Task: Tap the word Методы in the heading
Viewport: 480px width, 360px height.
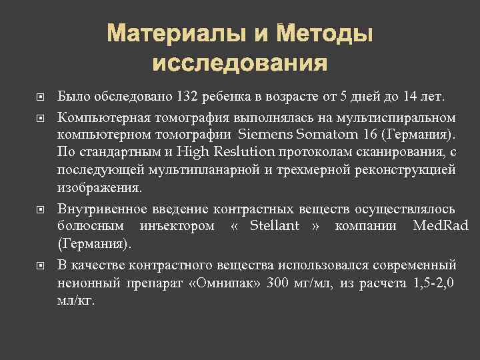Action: point(325,33)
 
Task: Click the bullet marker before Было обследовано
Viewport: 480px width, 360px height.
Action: point(41,98)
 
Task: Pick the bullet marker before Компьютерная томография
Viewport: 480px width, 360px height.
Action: point(41,119)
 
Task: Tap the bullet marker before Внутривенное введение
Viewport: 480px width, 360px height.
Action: point(41,209)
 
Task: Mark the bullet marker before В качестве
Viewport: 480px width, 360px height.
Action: point(41,265)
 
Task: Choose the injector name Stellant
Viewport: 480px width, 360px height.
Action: point(275,226)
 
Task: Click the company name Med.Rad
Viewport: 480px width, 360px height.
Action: point(441,226)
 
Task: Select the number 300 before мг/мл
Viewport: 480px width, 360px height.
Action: point(278,283)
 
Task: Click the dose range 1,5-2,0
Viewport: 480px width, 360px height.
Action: point(433,283)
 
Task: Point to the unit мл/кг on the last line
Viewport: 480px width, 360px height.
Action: point(76,301)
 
